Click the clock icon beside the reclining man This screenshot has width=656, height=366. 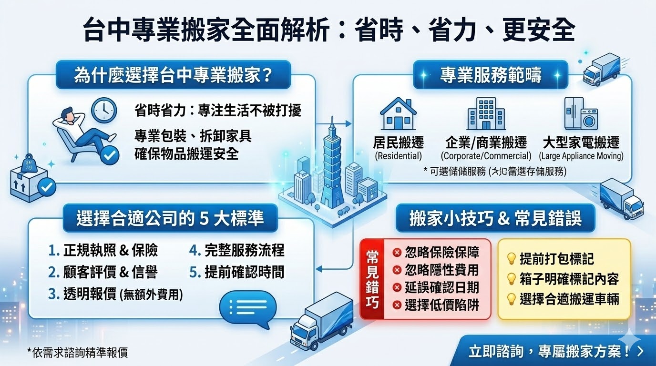(x=103, y=110)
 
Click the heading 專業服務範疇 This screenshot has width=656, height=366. (x=491, y=75)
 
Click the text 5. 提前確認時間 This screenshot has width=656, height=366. (x=237, y=272)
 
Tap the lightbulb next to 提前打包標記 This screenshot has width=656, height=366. (x=511, y=259)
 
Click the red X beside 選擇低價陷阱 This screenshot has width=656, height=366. (x=397, y=305)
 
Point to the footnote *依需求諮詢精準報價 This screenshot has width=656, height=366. (x=77, y=353)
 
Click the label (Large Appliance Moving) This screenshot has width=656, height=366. (x=581, y=156)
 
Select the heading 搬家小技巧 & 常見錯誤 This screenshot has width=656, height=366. (x=495, y=218)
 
